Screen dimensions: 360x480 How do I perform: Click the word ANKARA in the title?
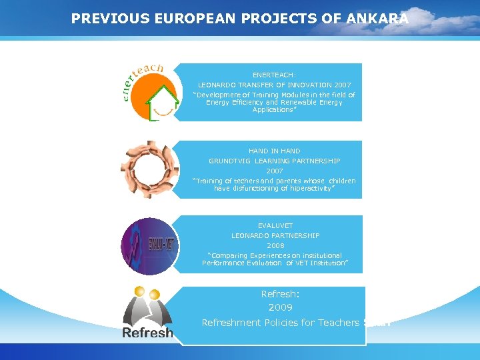tap(377, 19)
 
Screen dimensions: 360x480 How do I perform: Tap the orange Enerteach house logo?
tap(149, 92)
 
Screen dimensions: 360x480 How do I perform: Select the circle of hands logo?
tap(149, 169)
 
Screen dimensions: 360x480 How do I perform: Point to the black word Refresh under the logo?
tap(147, 332)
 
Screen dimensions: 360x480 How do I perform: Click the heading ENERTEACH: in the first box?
tap(274, 75)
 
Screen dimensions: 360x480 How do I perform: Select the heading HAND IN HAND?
tap(274, 151)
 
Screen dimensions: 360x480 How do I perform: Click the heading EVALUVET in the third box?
tap(275, 226)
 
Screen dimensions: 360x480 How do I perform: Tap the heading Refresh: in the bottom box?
tap(281, 293)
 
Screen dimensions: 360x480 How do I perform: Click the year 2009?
tap(280, 307)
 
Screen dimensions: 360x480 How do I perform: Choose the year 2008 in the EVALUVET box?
tap(275, 245)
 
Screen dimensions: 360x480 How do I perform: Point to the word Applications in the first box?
tap(273, 110)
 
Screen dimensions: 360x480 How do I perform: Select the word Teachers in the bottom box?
tap(337, 323)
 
